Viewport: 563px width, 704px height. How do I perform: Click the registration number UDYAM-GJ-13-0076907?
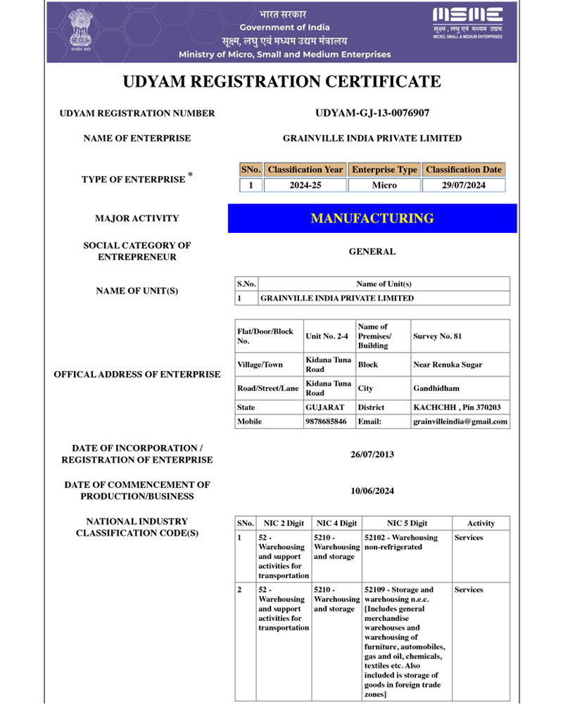tap(372, 113)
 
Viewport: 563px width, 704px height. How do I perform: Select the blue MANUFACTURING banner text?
tap(372, 218)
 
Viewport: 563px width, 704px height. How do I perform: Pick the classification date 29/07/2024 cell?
tap(464, 185)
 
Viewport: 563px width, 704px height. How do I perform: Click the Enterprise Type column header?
tap(384, 170)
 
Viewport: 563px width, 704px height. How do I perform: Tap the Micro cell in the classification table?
tap(384, 185)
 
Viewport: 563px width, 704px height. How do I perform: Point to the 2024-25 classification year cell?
tap(305, 185)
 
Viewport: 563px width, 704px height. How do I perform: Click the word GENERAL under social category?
tap(372, 251)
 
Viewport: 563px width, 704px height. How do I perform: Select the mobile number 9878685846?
tap(327, 421)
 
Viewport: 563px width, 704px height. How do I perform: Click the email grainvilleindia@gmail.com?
tap(460, 421)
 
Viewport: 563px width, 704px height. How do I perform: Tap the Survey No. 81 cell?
tap(438, 337)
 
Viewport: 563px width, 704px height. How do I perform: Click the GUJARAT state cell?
tap(324, 407)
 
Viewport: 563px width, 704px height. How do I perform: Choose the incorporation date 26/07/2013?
tap(372, 454)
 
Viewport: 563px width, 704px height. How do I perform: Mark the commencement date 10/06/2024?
tap(372, 491)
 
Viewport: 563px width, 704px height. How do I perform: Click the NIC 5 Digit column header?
tap(407, 523)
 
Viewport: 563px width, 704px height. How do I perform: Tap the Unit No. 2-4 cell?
tap(327, 337)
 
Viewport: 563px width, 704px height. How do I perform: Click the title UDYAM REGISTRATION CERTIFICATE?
tap(281, 82)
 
